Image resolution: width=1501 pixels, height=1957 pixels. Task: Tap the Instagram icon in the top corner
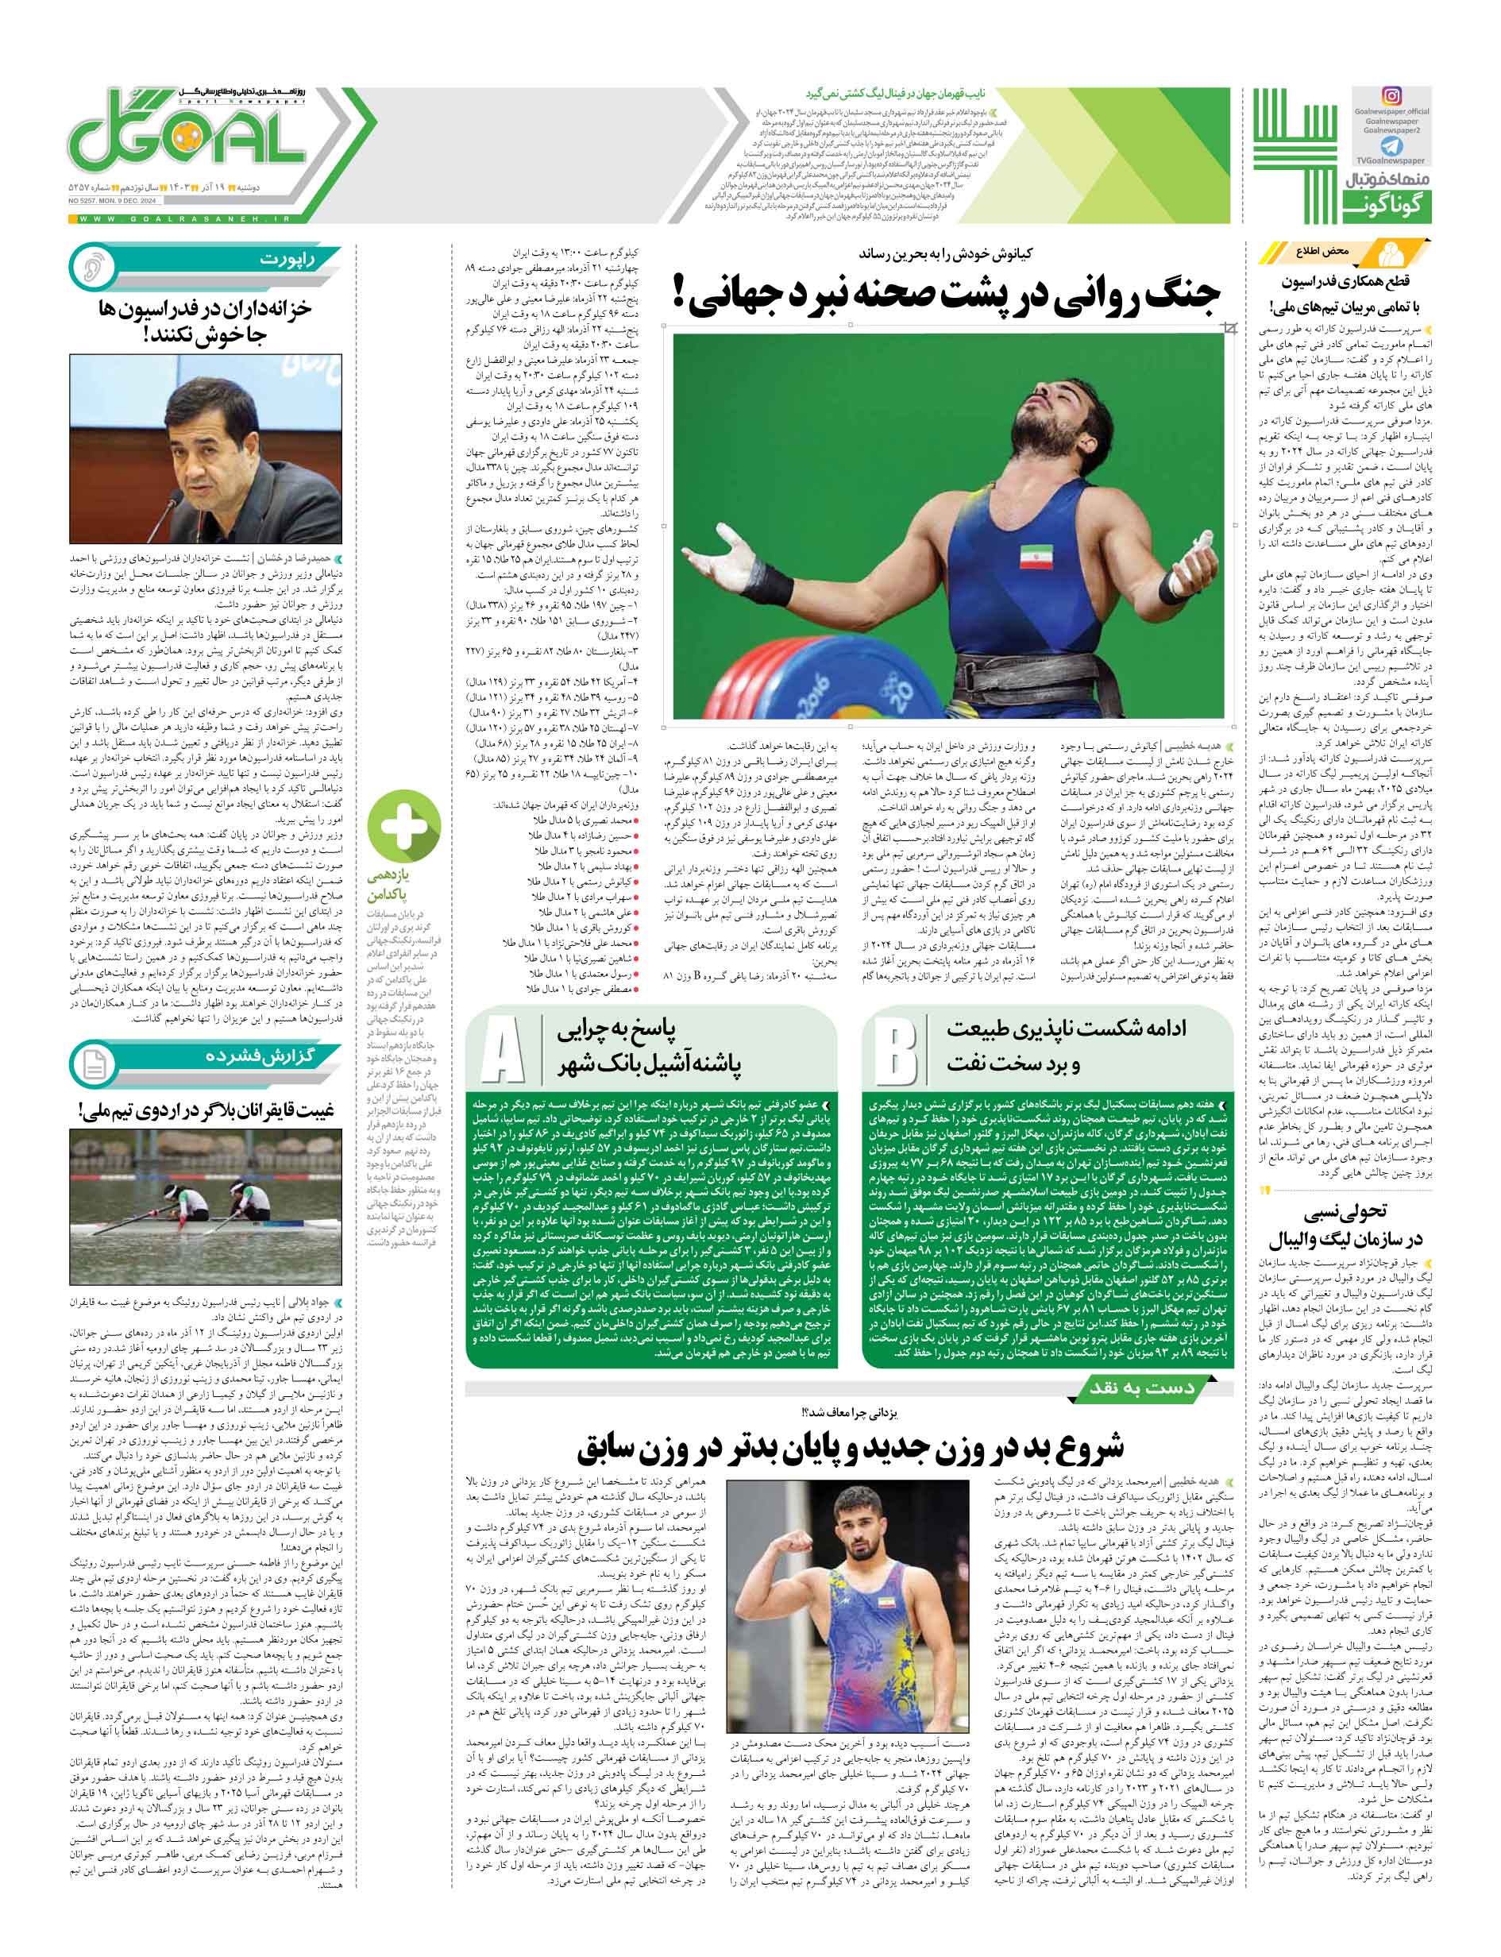(1391, 95)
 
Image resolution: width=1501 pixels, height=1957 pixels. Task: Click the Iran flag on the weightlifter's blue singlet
(1032, 556)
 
